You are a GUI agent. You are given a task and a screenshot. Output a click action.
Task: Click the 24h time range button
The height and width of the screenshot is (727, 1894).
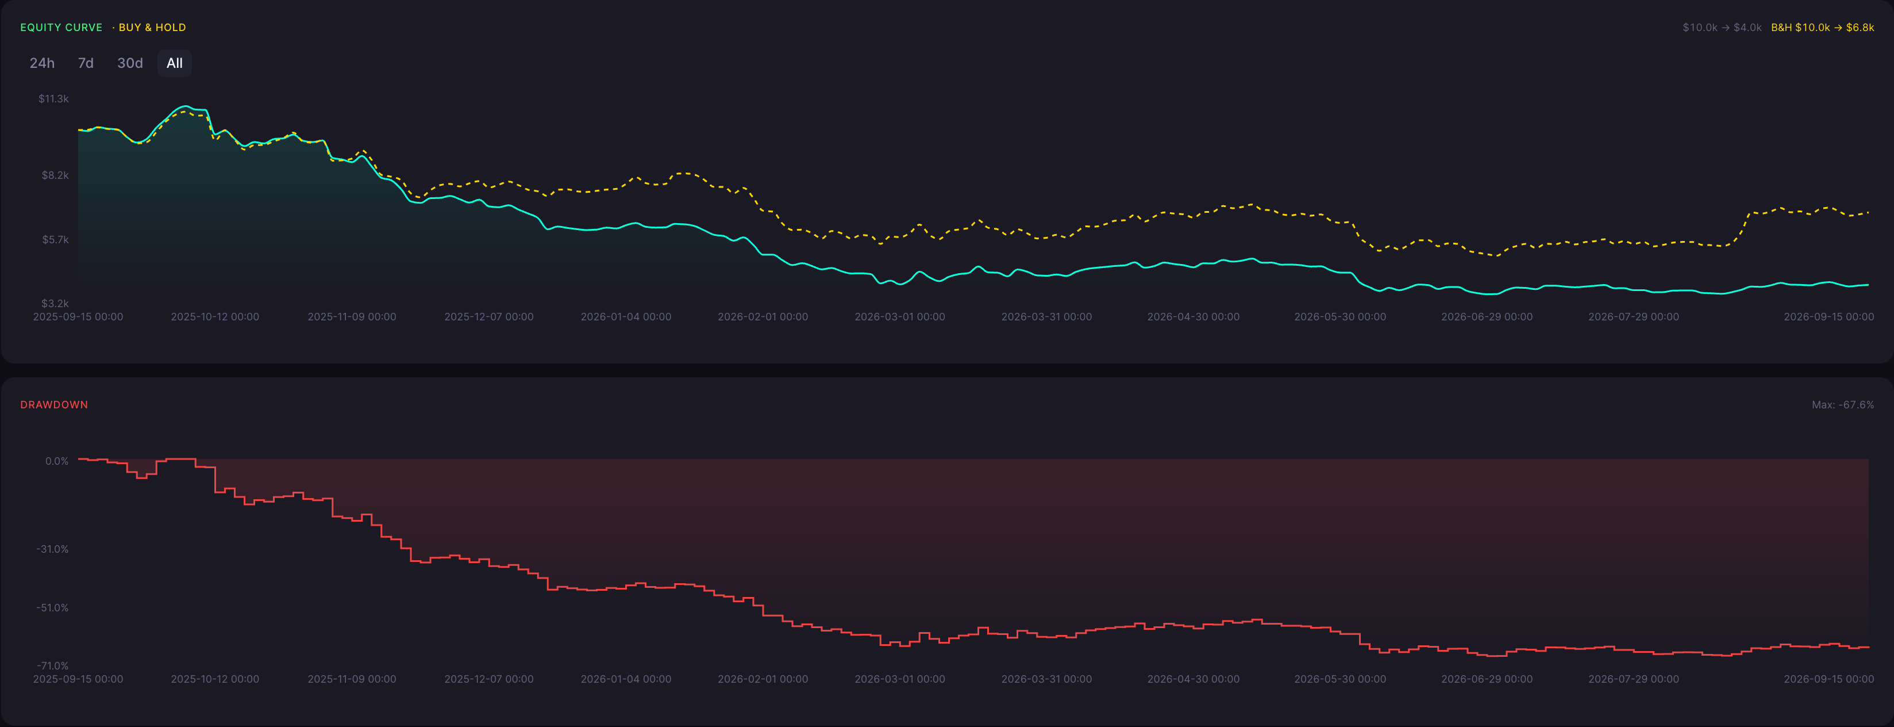pyautogui.click(x=42, y=63)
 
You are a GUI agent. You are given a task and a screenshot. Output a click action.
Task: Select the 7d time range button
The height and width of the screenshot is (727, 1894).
pyautogui.click(x=86, y=63)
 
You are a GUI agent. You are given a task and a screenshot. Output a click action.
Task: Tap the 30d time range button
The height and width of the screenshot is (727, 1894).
pyautogui.click(x=130, y=63)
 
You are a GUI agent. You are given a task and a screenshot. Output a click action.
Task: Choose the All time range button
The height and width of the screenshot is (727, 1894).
pyautogui.click(x=174, y=63)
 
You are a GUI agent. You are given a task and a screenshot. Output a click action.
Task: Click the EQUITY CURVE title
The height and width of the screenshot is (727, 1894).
pyautogui.click(x=61, y=27)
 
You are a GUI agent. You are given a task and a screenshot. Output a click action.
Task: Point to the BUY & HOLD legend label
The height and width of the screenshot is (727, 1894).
pyautogui.click(x=152, y=27)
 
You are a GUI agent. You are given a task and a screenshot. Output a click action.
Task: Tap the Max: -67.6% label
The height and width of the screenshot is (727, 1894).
pyautogui.click(x=1842, y=405)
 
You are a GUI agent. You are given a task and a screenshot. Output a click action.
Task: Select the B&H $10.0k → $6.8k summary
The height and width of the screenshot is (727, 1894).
pyautogui.click(x=1822, y=27)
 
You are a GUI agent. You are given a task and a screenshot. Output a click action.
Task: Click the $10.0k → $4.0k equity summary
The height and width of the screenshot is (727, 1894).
pyautogui.click(x=1722, y=27)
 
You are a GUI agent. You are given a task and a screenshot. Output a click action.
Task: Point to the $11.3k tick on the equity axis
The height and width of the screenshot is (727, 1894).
pyautogui.click(x=53, y=98)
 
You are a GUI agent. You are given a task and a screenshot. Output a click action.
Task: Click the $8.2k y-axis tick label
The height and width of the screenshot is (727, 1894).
pyautogui.click(x=55, y=175)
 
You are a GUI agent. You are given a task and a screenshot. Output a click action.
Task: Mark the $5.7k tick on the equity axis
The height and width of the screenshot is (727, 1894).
pyautogui.click(x=55, y=240)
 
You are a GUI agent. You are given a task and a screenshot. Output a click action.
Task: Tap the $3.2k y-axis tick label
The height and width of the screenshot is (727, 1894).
pyautogui.click(x=55, y=303)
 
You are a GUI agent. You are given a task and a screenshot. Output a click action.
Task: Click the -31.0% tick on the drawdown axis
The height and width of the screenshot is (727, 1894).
pyautogui.click(x=52, y=549)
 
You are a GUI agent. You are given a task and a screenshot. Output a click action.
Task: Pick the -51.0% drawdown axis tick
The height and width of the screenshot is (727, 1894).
pyautogui.click(x=52, y=608)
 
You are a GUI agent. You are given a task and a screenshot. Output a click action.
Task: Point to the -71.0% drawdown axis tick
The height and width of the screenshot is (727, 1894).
pyautogui.click(x=52, y=666)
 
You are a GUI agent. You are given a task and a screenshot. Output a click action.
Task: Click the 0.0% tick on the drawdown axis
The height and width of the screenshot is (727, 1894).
pyautogui.click(x=57, y=461)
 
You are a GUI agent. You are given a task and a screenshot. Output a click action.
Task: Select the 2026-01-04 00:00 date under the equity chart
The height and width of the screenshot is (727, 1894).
pyautogui.click(x=626, y=317)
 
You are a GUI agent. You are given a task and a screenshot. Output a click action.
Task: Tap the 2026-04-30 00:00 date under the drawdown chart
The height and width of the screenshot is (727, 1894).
pyautogui.click(x=1194, y=679)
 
